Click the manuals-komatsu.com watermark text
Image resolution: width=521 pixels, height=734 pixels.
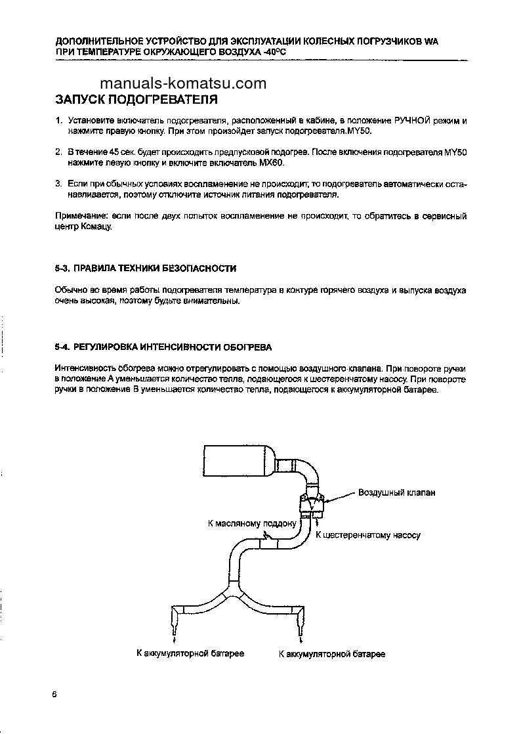183,83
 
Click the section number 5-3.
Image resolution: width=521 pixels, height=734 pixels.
62,269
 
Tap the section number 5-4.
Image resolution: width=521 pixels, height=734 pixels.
62,347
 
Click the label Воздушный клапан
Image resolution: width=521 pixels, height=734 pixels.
396,492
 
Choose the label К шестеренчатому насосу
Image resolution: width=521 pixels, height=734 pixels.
368,535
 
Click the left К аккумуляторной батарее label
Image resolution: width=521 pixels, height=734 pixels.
190,654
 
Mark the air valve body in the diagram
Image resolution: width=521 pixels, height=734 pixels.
312,503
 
